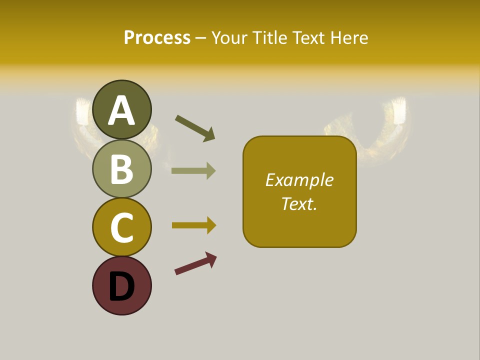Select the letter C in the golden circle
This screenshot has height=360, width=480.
[121, 227]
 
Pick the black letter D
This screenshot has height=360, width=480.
[121, 286]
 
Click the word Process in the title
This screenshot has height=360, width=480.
[157, 38]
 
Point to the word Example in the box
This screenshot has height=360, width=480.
[299, 180]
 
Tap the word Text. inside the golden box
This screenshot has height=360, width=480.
[299, 203]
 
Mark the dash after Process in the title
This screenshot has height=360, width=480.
[200, 38]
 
